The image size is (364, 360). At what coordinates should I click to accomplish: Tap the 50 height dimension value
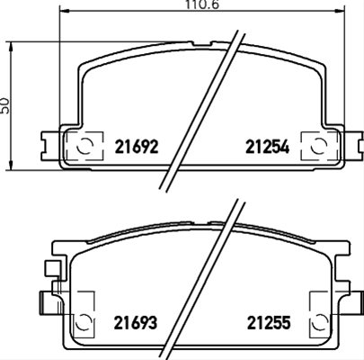[x=6, y=105]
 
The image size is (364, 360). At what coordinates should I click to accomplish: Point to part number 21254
[x=267, y=148]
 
